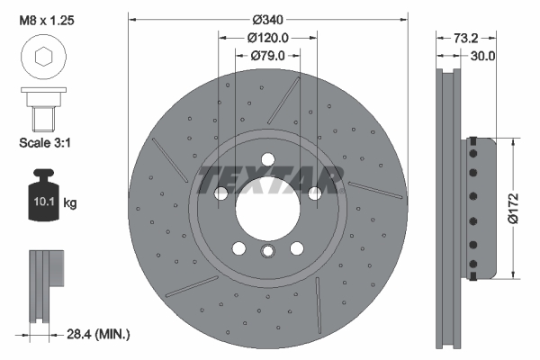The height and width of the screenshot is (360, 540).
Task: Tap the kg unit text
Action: pos(70,203)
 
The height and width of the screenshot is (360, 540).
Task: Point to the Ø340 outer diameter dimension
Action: pos(267,19)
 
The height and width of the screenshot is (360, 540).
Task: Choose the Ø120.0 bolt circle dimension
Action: pos(267,38)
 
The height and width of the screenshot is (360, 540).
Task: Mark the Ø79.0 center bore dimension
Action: pos(267,56)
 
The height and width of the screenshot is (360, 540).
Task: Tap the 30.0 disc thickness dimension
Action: pos(483,56)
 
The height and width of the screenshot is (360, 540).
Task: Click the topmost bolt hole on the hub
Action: pos(267,159)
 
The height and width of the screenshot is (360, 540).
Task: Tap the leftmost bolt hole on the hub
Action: pos(220,193)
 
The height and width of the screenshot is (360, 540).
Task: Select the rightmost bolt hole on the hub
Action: pos(314,193)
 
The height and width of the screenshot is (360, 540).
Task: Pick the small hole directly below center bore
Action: pos(267,253)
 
